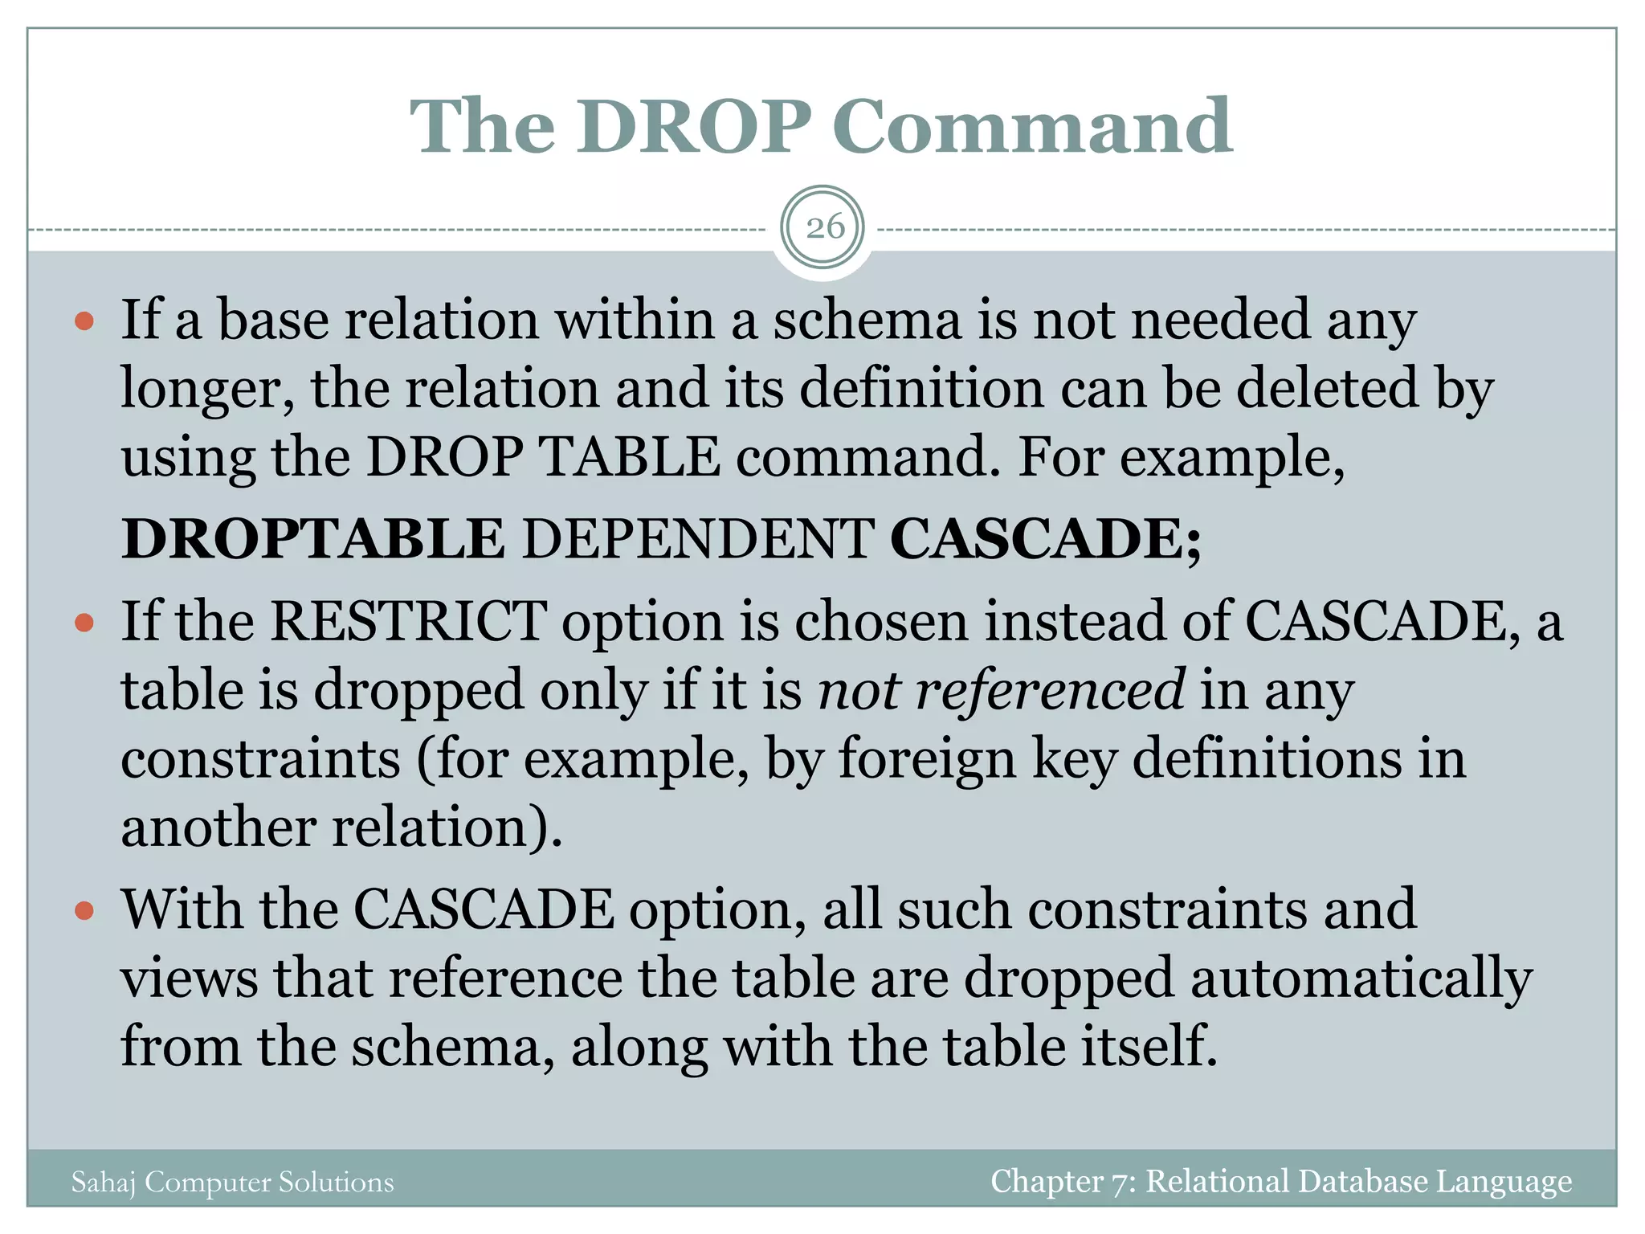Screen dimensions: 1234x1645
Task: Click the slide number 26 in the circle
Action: pos(825,227)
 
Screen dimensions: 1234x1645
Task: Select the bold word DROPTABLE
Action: pos(313,538)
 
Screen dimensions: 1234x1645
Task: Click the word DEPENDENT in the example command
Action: pos(698,538)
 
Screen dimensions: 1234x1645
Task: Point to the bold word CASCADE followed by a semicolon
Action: pos(1045,538)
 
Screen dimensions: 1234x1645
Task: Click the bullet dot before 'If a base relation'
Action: pos(84,323)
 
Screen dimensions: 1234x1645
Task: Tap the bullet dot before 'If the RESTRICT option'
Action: pos(84,623)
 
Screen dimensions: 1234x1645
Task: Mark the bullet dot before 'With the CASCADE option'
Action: pos(84,912)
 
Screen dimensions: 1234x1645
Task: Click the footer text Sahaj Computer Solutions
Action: pos(233,1182)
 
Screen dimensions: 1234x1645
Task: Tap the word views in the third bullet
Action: pos(190,979)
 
